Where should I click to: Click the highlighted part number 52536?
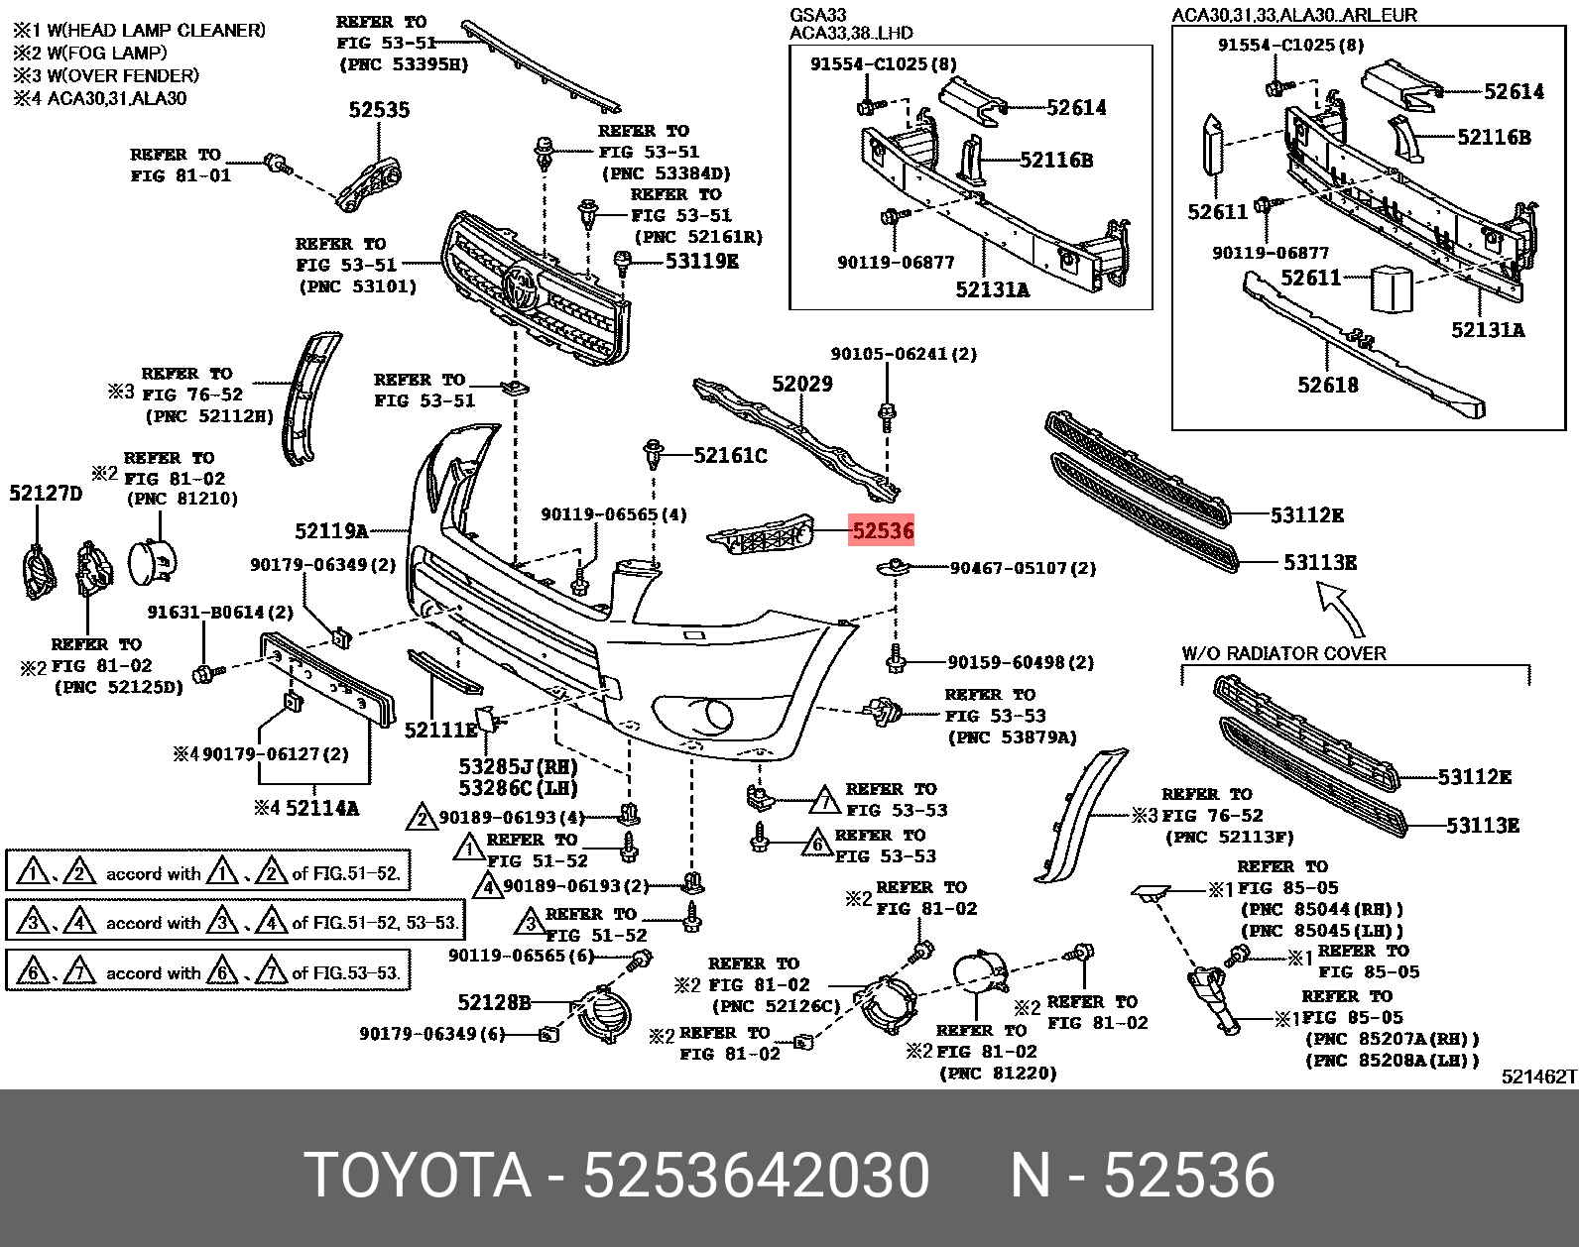[882, 531]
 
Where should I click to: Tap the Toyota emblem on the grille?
[520, 287]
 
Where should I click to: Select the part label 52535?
[379, 110]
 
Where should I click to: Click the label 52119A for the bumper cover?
[331, 531]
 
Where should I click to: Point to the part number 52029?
[802, 384]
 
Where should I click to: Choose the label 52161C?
[730, 456]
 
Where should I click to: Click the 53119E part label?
[701, 262]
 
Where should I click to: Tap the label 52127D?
[46, 493]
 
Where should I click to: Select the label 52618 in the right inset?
[1327, 385]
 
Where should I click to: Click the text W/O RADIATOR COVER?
[1283, 653]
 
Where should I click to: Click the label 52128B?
[494, 1002]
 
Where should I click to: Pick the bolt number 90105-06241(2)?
[903, 354]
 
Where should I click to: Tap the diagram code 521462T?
[1538, 1077]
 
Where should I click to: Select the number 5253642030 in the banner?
[756, 1176]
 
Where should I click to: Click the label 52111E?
[440, 731]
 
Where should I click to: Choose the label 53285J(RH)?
[518, 766]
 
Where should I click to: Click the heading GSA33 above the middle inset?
[818, 16]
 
